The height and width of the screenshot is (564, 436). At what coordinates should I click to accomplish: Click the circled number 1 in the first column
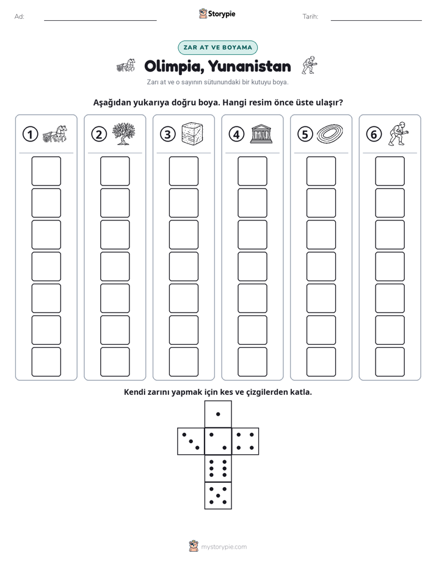pos(30,134)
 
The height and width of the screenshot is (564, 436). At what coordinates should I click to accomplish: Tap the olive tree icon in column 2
pos(123,134)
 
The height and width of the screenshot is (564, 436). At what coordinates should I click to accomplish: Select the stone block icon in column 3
pos(192,134)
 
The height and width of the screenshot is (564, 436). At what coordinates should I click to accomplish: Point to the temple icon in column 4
pos(261,134)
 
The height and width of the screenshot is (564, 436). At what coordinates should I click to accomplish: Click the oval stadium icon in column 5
pos(330,134)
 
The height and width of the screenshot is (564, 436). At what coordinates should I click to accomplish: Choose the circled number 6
pos(374,134)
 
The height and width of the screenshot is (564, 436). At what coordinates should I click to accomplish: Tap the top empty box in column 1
pos(46,171)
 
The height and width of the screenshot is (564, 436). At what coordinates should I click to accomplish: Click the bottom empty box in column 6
pos(390,362)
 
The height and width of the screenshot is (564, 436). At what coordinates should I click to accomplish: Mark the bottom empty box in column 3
pos(183,362)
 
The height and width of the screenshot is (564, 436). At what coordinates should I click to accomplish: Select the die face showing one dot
pos(218,414)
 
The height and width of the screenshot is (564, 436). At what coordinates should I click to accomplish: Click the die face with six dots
pos(218,468)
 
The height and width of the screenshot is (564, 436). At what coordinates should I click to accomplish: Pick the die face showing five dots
pos(218,496)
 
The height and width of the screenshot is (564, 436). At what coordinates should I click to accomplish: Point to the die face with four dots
pos(245,441)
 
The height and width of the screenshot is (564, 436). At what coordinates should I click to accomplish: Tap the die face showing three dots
pos(191,441)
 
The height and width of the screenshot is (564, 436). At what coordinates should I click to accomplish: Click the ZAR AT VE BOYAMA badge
pos(217,48)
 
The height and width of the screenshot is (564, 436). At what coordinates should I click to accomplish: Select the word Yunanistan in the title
pos(250,67)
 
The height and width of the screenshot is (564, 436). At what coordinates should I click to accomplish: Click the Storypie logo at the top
pos(217,13)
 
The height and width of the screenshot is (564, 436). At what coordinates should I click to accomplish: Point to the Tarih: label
pos(310,16)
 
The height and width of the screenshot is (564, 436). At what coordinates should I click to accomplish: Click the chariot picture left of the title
pos(126,65)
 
